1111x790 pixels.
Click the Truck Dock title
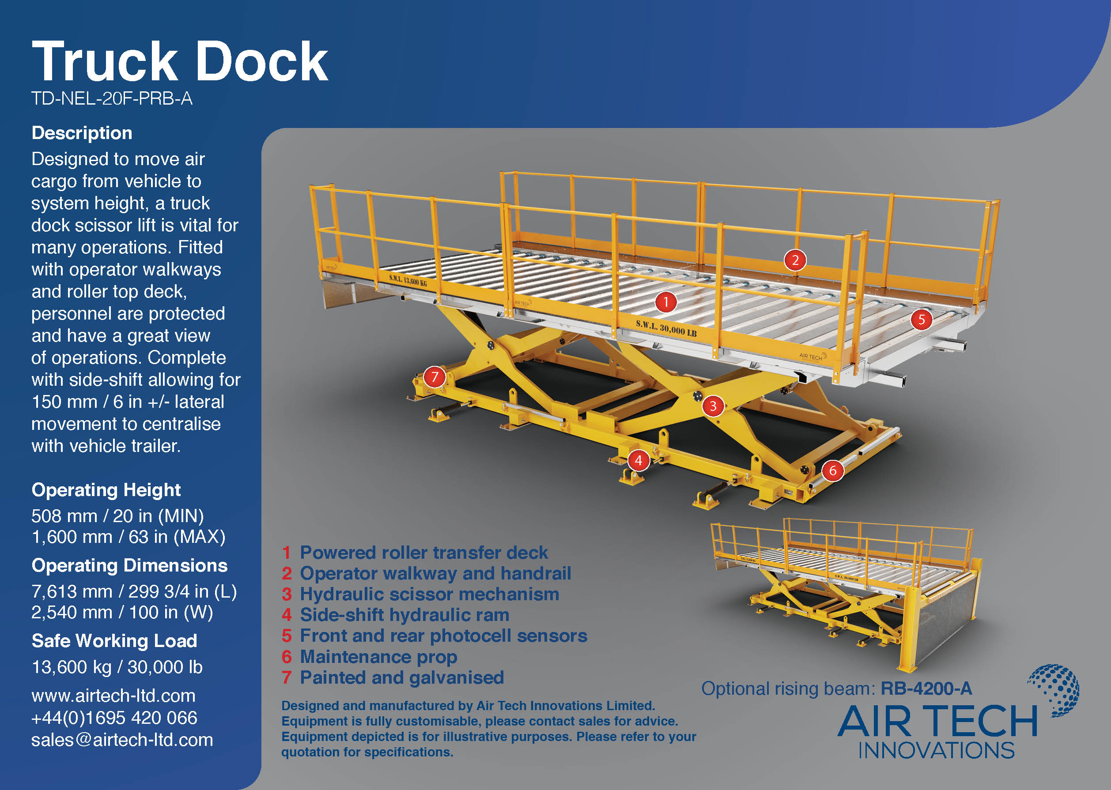[x=180, y=61]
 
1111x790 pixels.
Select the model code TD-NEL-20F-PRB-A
[x=111, y=99]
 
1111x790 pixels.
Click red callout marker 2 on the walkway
[x=795, y=260]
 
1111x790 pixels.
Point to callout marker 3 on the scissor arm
[x=713, y=406]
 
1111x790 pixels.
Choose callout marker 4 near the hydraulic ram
[x=639, y=460]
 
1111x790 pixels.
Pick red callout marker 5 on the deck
[x=921, y=320]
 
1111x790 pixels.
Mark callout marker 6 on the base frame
[x=833, y=470]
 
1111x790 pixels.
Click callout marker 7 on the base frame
[x=435, y=376]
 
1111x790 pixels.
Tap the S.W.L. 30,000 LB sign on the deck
[x=666, y=328]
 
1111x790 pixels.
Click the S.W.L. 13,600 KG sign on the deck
[x=408, y=280]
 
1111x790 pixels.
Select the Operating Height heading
[x=106, y=490]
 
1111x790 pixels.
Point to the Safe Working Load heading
[x=114, y=641]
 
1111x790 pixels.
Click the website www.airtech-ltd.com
[x=113, y=696]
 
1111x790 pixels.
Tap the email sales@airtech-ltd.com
[x=122, y=740]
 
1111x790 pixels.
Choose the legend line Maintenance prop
[x=378, y=657]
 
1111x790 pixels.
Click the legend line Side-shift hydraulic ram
[x=404, y=615]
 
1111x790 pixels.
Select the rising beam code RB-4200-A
[x=926, y=688]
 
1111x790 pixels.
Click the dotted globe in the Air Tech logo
[x=1054, y=690]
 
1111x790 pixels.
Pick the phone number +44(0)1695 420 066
[x=114, y=718]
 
